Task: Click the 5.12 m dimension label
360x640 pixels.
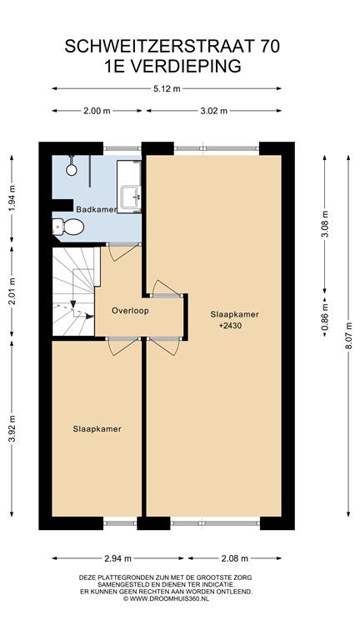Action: (167, 88)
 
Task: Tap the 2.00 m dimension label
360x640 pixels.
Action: (97, 111)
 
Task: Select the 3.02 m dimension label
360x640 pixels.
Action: (214, 111)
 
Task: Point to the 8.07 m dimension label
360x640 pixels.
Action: (348, 336)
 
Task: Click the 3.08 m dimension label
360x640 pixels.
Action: (325, 224)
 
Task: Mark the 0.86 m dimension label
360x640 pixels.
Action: (325, 317)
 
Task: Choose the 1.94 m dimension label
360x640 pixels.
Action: (12, 199)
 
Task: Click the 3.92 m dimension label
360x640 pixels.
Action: (12, 428)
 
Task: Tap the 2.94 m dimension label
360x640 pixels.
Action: (117, 558)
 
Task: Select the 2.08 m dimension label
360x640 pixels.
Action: (234, 558)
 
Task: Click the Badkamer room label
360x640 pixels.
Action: (97, 209)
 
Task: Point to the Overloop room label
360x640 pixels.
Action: (130, 311)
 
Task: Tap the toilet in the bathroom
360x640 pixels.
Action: (68, 227)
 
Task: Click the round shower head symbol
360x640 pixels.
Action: (72, 170)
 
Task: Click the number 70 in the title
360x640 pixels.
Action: (269, 47)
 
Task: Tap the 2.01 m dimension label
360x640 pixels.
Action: (12, 291)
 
